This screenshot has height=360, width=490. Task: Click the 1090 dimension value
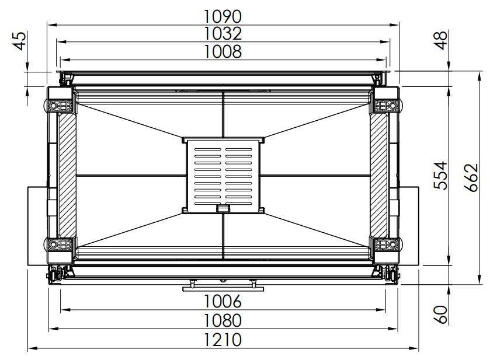[x=223, y=16]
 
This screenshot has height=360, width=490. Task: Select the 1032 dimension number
[x=223, y=34]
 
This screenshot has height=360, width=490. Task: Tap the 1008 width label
[x=223, y=51]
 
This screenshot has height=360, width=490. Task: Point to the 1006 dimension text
[x=223, y=301]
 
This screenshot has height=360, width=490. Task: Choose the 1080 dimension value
[x=223, y=320]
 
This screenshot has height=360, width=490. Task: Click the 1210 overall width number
[x=223, y=340]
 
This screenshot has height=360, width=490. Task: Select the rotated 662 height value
[x=471, y=177]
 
